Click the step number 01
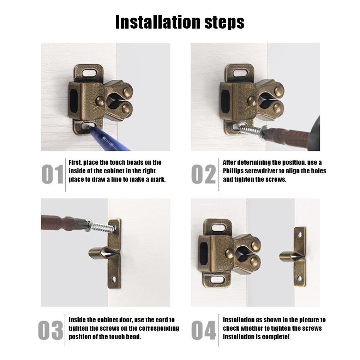(52, 174)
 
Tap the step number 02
(204, 174)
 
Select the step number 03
(50, 331)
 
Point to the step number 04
(204, 331)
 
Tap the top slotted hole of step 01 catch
(88, 73)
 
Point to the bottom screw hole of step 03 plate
(114, 279)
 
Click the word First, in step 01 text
(76, 162)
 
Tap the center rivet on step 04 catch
(229, 253)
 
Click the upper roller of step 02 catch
(278, 91)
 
